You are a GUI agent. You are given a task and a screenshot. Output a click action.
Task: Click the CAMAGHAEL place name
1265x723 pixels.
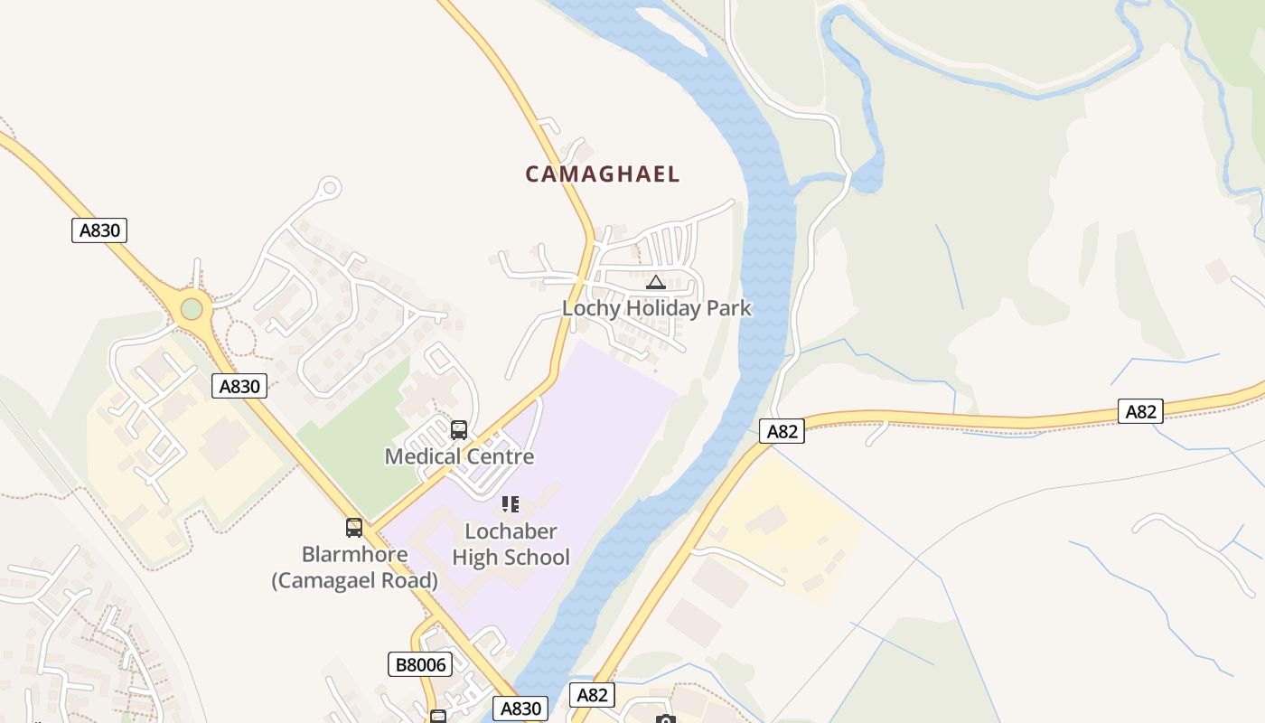tap(602, 174)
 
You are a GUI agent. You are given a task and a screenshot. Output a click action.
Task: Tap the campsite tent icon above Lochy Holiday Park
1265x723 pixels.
tap(656, 282)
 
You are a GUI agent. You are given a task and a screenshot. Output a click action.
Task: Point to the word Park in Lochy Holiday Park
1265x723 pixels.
tap(728, 308)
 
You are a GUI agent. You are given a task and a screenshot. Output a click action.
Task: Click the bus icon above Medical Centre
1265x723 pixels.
tap(459, 430)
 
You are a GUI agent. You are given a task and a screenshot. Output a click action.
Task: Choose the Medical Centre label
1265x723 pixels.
tap(459, 456)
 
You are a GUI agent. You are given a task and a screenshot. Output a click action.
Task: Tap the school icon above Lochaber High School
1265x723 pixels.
tap(511, 504)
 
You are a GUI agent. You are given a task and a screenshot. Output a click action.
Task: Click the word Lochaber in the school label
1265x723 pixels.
tap(511, 531)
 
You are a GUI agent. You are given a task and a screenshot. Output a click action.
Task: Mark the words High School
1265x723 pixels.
tap(511, 558)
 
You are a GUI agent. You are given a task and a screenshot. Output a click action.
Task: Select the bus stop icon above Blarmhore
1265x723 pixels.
tap(354, 528)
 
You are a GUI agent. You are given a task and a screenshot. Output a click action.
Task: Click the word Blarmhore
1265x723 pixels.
tap(354, 554)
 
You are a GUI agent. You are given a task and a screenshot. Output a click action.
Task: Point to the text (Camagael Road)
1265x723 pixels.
tap(354, 580)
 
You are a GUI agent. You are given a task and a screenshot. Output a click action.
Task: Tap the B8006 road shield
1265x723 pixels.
tap(421, 665)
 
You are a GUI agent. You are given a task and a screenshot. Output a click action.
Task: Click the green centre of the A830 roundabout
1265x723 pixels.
tap(192, 309)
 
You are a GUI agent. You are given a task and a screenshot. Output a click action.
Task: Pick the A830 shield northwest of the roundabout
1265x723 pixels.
tap(99, 230)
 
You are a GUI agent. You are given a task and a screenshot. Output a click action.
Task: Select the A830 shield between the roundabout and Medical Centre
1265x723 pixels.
tap(240, 387)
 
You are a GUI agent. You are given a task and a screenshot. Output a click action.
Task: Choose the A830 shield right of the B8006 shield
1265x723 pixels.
tap(520, 709)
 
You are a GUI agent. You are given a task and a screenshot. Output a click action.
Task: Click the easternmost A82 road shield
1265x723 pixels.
tap(1140, 412)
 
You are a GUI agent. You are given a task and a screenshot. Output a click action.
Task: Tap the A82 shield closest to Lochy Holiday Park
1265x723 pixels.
tap(782, 432)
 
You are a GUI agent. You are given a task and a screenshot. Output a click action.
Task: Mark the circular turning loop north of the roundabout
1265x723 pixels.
tap(330, 188)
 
